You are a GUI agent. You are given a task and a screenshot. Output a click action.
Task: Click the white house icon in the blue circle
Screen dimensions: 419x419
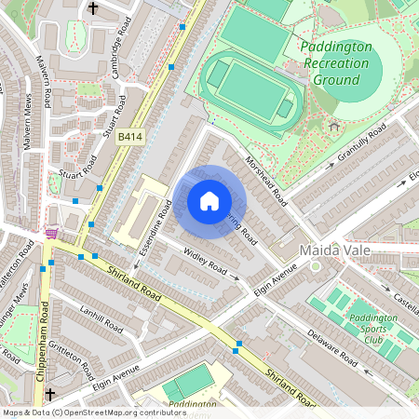click(x=209, y=201)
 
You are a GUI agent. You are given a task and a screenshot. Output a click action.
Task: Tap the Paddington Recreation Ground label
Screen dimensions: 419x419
click(x=335, y=63)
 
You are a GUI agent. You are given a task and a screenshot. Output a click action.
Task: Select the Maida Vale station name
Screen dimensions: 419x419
click(x=335, y=251)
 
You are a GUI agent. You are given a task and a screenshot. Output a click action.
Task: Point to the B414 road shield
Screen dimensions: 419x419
click(x=130, y=137)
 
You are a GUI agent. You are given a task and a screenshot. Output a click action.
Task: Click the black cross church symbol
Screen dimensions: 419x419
click(x=92, y=8)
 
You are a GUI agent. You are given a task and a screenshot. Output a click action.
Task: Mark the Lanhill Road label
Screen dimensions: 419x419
click(x=101, y=319)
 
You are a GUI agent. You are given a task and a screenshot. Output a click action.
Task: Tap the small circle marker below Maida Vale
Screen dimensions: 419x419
click(x=315, y=266)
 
